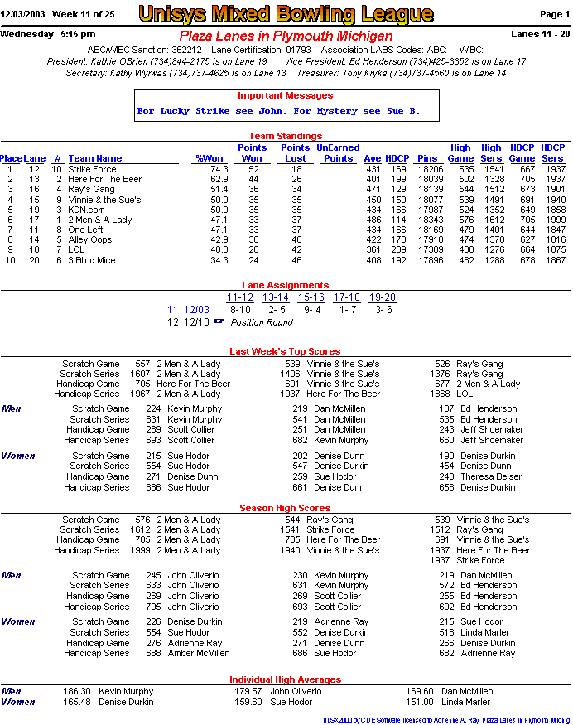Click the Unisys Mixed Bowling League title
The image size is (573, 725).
click(286, 14)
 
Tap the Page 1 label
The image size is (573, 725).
click(554, 14)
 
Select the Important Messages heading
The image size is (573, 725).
click(285, 96)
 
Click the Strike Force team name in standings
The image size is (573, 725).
click(92, 169)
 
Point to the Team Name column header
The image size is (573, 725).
click(94, 158)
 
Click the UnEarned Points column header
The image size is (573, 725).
click(338, 153)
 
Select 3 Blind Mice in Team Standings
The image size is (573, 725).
click(91, 260)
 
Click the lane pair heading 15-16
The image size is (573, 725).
click(311, 297)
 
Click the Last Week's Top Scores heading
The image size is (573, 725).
click(285, 351)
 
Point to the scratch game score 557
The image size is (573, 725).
click(142, 363)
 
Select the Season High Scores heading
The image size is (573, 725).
click(285, 508)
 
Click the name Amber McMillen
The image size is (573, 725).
click(198, 653)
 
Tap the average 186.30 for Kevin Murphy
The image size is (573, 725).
click(76, 691)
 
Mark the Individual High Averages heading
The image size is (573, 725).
click(285, 679)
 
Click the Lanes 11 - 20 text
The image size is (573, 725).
click(541, 34)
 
